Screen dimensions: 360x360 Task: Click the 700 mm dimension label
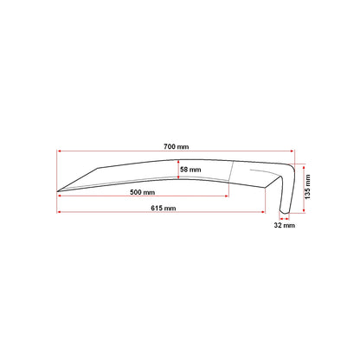[177, 146]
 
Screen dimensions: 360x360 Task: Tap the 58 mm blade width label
[190, 170]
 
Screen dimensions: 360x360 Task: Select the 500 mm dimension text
[142, 192]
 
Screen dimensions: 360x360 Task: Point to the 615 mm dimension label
[164, 208]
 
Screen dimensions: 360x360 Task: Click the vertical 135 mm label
[307, 187]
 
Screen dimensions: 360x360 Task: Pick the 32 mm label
[285, 225]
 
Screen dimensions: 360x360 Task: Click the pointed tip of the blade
[57, 191]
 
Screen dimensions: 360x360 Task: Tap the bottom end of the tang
[285, 212]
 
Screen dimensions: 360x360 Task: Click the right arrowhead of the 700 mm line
[292, 151]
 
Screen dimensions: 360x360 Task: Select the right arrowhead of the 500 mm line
[227, 196]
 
